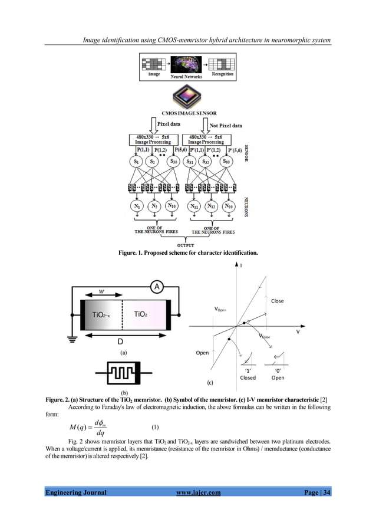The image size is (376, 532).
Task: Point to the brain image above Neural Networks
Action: click(x=187, y=64)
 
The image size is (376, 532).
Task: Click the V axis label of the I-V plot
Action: click(x=298, y=331)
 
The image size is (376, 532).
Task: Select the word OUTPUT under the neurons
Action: click(x=187, y=245)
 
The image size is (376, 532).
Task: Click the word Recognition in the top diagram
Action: click(x=223, y=74)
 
